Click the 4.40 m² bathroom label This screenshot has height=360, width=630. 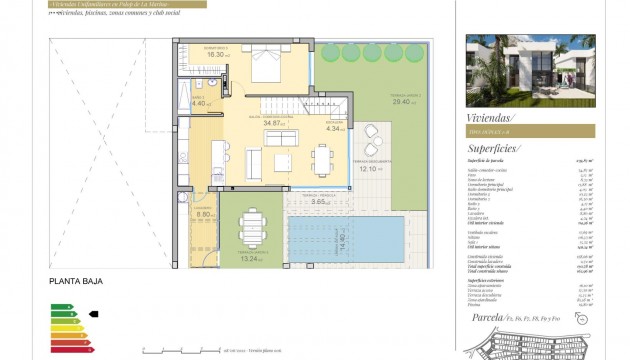pos(198,102)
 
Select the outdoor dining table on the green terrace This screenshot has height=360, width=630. pos(251,225)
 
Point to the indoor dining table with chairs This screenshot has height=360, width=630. pos(321,158)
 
